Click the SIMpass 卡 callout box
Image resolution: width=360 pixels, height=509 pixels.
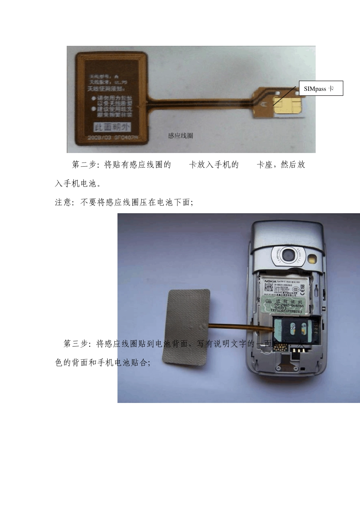pos(321,88)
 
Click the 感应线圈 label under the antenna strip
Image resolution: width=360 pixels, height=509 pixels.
pos(180,136)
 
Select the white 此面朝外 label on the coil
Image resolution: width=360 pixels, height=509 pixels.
pos(112,127)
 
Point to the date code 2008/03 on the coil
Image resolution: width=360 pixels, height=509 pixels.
pos(100,137)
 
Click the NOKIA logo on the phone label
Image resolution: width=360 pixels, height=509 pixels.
pos(271,282)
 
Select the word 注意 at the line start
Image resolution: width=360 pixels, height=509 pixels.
pos(63,202)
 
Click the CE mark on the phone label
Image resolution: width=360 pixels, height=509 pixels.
pos(302,289)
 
